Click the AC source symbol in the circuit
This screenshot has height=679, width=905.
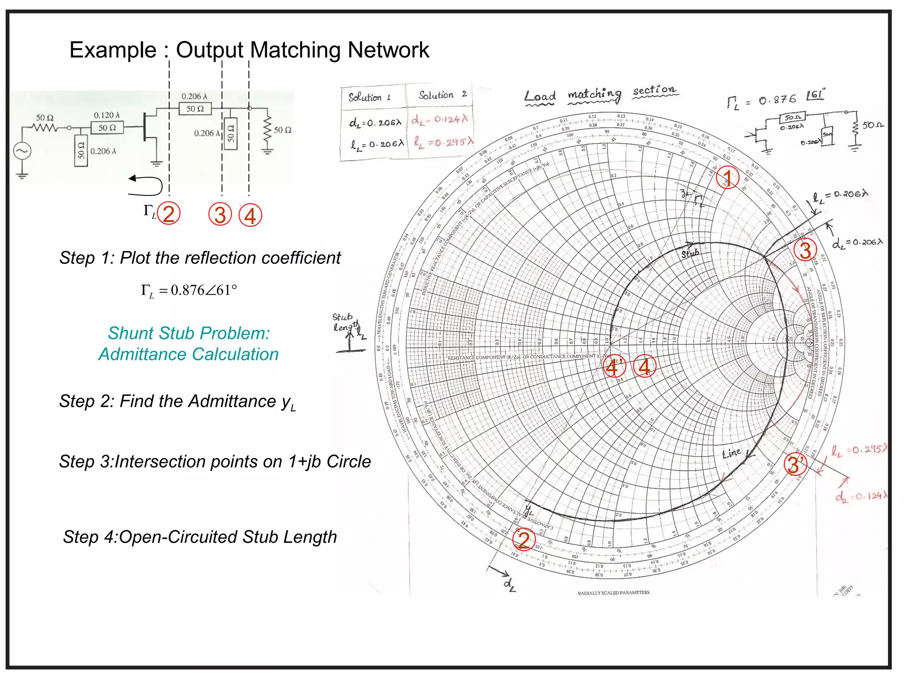pyautogui.click(x=22, y=152)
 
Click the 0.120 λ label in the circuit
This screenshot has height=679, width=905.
pyautogui.click(x=106, y=115)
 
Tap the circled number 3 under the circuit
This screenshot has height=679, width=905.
pyautogui.click(x=220, y=215)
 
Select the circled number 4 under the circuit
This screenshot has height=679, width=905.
pyautogui.click(x=250, y=216)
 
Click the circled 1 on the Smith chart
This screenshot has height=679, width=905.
pyautogui.click(x=727, y=178)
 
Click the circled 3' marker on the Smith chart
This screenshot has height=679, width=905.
pyautogui.click(x=795, y=464)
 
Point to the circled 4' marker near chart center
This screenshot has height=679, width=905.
pyautogui.click(x=614, y=366)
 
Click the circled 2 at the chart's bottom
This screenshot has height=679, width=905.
pyautogui.click(x=524, y=540)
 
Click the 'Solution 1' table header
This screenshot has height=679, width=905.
pyautogui.click(x=369, y=97)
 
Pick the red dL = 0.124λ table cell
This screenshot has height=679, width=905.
pyautogui.click(x=439, y=120)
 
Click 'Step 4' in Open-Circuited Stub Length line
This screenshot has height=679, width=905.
pyautogui.click(x=88, y=537)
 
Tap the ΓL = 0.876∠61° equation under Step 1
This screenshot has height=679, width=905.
pyautogui.click(x=189, y=290)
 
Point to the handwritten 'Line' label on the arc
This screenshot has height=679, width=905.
pyautogui.click(x=732, y=453)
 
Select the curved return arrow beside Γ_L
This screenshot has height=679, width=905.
pyautogui.click(x=146, y=185)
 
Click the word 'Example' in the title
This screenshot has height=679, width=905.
pyautogui.click(x=113, y=50)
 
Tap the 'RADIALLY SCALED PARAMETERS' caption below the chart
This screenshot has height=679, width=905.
pyautogui.click(x=613, y=593)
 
